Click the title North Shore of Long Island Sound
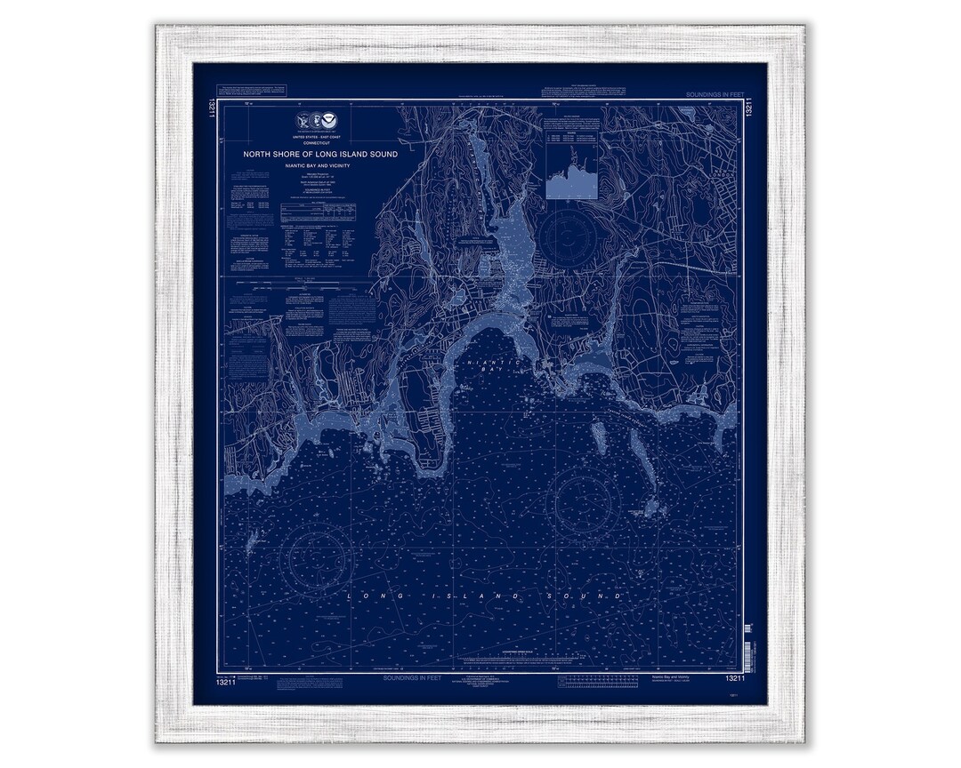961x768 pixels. pos(320,154)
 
